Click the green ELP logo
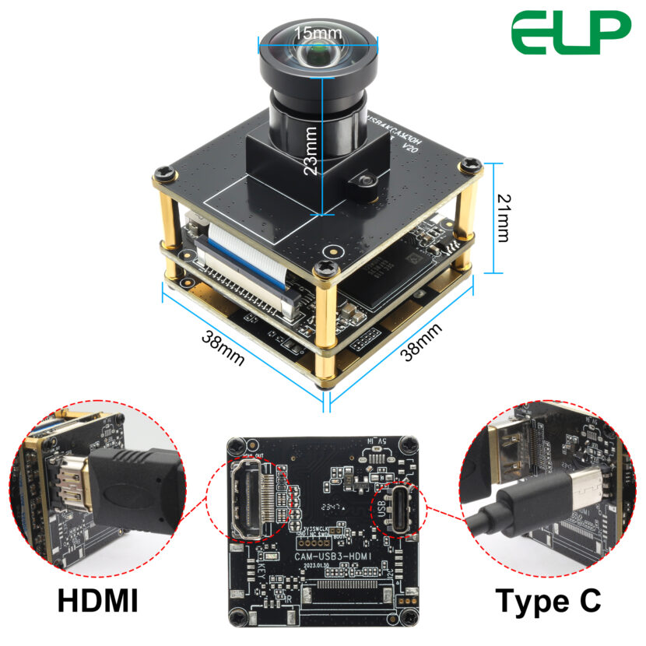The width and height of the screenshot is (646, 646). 571,33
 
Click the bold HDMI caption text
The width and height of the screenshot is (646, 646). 98,600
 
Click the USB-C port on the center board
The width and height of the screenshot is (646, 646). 397,509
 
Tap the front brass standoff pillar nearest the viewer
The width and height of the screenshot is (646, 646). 324,327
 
